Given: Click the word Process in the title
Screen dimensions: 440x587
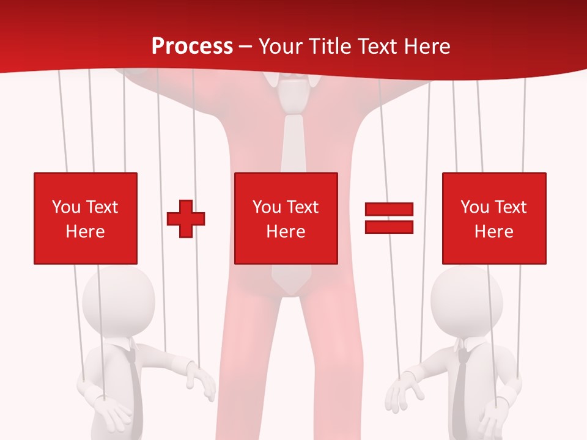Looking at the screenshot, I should tap(192, 46).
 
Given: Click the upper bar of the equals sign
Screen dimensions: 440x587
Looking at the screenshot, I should tap(389, 210).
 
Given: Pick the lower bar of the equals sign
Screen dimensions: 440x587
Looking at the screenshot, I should tap(389, 227).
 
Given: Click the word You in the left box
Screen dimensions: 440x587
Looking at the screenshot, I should tap(66, 207).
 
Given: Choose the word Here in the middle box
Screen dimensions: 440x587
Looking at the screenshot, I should tap(286, 232).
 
